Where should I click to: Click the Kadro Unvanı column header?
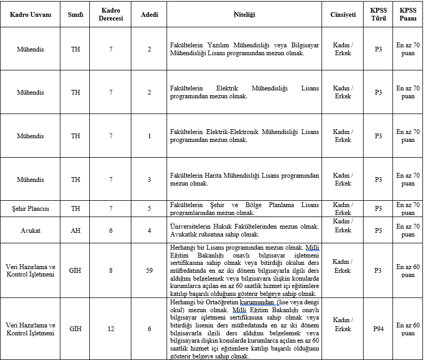30,15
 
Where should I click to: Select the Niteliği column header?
244,15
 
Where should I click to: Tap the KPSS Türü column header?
378,15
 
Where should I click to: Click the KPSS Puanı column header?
408,15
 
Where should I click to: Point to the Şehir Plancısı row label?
30,209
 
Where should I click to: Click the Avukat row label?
30,230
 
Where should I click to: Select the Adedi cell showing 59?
149,271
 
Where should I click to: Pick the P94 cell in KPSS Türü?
378,329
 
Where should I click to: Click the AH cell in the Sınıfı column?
76,230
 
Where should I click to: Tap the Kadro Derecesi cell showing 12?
111,329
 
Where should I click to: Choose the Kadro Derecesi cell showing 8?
111,271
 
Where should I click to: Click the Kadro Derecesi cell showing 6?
111,230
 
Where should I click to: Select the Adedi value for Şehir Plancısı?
149,209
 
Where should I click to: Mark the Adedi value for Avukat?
149,230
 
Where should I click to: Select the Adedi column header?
149,15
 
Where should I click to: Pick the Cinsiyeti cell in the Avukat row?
343,226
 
